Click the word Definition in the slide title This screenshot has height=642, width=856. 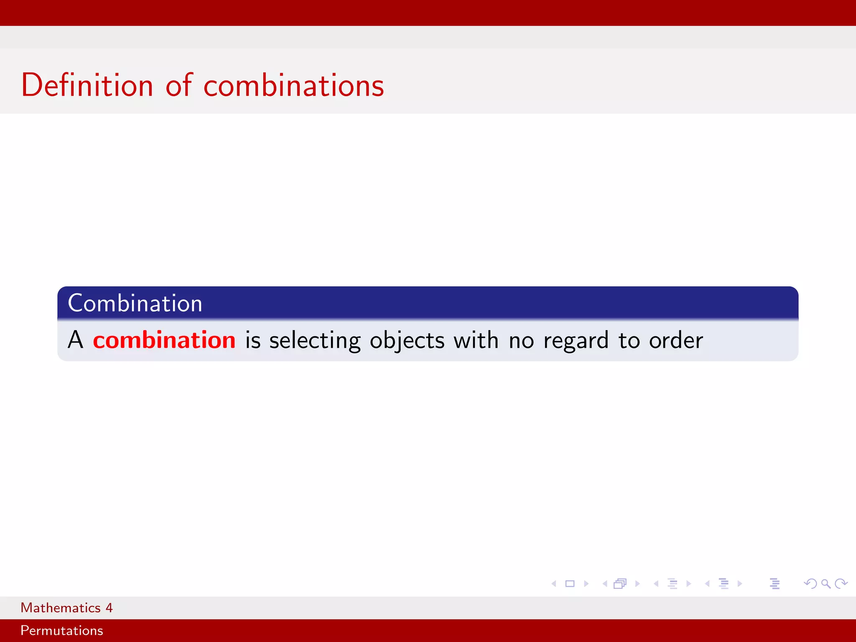[x=87, y=85]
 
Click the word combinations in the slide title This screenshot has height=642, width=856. [x=293, y=85]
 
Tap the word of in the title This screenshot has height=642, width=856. [x=179, y=85]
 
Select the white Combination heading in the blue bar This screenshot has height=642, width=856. [x=135, y=303]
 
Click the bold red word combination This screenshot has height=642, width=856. [x=164, y=340]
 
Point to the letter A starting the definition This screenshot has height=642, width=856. [x=76, y=339]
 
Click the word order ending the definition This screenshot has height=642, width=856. [x=676, y=340]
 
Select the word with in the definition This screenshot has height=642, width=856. [x=476, y=339]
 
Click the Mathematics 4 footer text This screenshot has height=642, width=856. [x=66, y=608]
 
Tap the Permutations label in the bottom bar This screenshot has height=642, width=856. [x=62, y=630]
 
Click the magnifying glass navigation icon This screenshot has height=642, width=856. [x=825, y=583]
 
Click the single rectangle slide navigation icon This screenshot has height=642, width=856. [x=570, y=583]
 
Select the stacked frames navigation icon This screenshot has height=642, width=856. [x=620, y=583]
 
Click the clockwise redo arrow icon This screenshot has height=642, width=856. [x=841, y=583]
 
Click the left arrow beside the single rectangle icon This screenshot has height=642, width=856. [x=554, y=583]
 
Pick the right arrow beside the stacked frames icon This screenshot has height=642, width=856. [x=637, y=583]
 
